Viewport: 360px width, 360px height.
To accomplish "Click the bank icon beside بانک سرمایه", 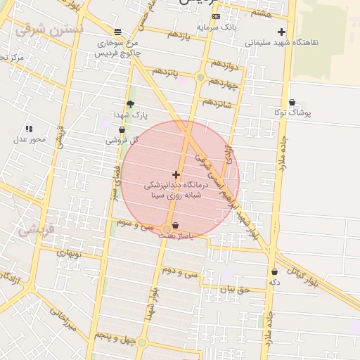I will click(x=216, y=16).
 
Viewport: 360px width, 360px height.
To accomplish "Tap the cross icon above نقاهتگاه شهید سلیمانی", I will click(x=281, y=32).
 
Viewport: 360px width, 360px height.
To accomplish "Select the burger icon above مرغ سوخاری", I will click(x=117, y=32).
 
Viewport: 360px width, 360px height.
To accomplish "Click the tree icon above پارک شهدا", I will click(x=130, y=104).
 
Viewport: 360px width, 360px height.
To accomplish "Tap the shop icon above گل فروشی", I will click(x=122, y=129).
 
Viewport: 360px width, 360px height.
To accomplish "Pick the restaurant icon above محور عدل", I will click(x=29, y=129).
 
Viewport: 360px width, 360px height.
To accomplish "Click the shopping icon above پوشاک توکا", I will click(x=292, y=103).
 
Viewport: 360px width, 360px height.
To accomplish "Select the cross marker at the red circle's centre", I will click(x=176, y=174).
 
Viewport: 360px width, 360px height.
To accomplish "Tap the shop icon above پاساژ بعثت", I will click(x=174, y=225).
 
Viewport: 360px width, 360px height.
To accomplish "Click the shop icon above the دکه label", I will click(x=274, y=271).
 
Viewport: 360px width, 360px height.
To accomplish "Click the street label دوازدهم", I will click(x=220, y=66).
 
